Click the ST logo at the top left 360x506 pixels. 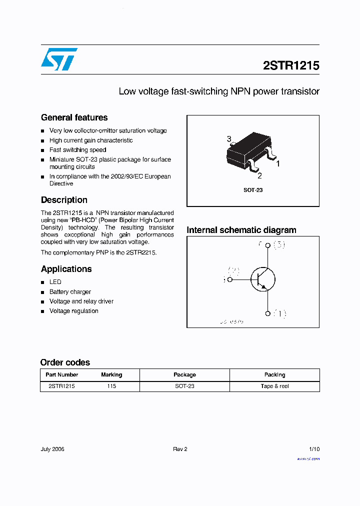tap(59, 59)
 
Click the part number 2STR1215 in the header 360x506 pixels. tap(291, 65)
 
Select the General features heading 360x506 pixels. tap(74, 117)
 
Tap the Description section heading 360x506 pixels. tap(64, 200)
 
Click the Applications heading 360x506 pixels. tap(66, 269)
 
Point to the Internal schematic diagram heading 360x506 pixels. tap(241, 230)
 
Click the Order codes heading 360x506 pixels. tap(65, 362)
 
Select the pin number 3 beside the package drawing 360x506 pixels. tap(229, 138)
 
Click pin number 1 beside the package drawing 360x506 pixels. tap(278, 163)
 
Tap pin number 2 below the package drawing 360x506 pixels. tap(259, 175)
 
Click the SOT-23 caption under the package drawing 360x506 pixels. tap(253, 190)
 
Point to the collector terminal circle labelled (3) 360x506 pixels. tap(267, 245)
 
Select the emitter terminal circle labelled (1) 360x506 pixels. tap(267, 313)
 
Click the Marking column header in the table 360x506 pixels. tap(111, 374)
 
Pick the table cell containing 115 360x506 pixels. tap(111, 386)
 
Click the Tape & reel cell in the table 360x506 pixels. tap(274, 386)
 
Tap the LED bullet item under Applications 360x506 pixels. tap(55, 282)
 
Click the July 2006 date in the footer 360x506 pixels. tap(52, 449)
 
